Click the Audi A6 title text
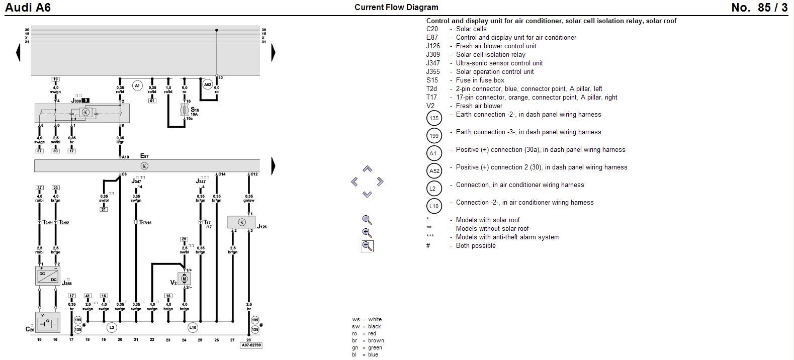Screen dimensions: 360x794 [28, 8]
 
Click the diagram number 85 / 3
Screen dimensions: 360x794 [759, 8]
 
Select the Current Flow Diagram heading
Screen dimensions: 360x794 [396, 8]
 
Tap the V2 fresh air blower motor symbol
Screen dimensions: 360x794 [184, 279]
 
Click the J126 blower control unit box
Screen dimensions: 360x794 [241, 222]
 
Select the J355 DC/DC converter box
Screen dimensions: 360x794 [47, 276]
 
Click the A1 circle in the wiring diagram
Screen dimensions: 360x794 [137, 86]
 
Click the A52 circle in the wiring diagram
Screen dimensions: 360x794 [208, 85]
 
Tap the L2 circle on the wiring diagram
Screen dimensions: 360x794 [112, 328]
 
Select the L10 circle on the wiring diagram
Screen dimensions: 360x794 [193, 328]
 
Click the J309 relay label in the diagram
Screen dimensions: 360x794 [76, 101]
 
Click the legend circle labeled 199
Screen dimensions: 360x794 [433, 136]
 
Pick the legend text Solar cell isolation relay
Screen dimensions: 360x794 [490, 54]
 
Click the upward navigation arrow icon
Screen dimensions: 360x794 [367, 169]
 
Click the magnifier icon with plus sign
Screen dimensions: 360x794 [367, 233]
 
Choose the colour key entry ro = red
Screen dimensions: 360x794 [367, 333]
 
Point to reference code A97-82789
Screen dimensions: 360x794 [250, 345]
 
